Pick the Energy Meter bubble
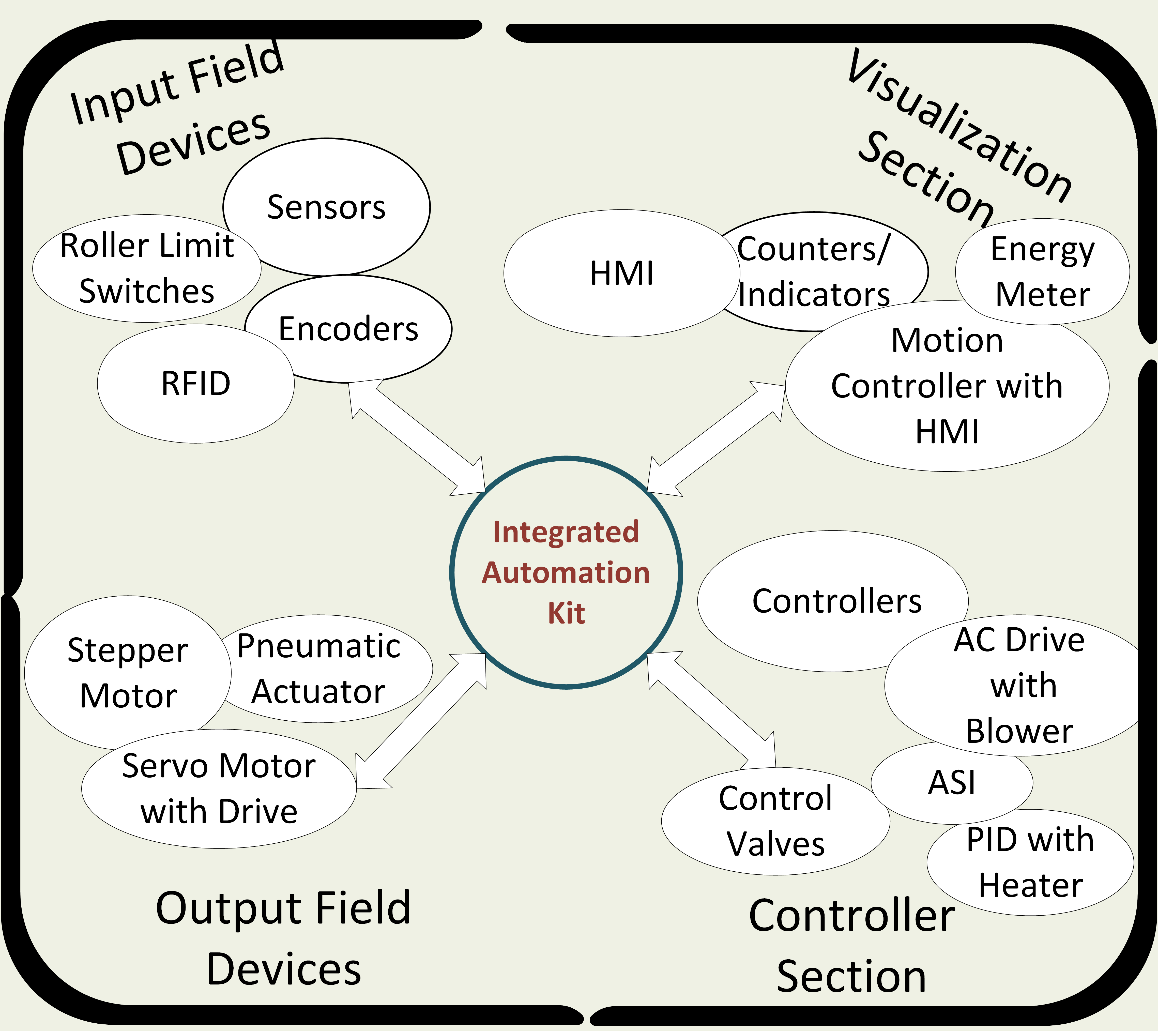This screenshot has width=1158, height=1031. click(x=1042, y=272)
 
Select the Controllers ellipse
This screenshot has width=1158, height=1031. click(x=833, y=601)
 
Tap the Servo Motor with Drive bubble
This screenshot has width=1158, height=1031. click(x=219, y=789)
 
